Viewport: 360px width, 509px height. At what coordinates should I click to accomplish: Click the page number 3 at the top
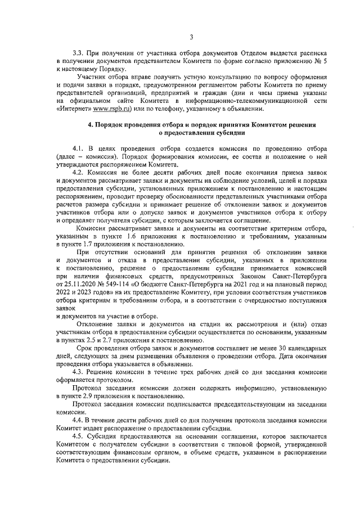pyautogui.click(x=191, y=37)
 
